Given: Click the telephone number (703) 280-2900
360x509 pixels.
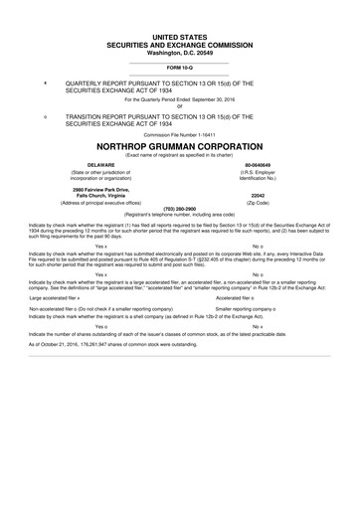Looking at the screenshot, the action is coord(180,209).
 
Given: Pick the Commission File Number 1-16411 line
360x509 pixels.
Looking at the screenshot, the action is coord(180,133).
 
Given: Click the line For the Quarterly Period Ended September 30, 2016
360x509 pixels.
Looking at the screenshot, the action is coord(180,100).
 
